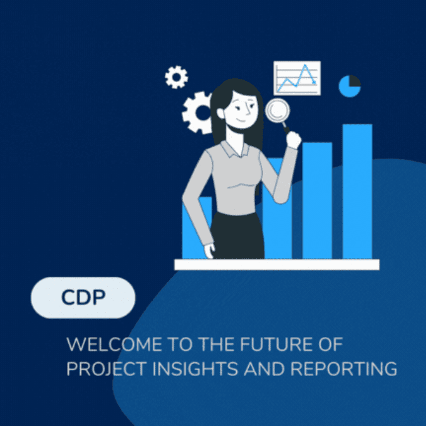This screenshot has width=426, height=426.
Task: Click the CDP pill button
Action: (x=83, y=298)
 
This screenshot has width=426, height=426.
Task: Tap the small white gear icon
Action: (x=176, y=77)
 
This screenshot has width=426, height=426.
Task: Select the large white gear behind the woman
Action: (x=198, y=112)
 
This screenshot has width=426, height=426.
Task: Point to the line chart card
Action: (x=297, y=78)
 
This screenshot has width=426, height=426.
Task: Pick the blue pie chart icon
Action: (x=350, y=86)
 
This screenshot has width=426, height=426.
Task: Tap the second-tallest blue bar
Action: (x=317, y=200)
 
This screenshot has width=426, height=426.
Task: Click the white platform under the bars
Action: (x=276, y=264)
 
